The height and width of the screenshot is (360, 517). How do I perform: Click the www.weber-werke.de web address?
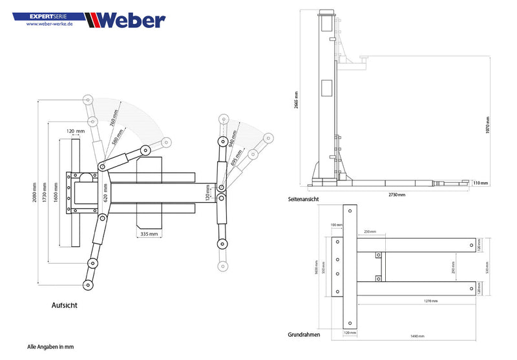(49, 24)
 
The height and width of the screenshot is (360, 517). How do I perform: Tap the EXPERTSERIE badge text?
(54, 13)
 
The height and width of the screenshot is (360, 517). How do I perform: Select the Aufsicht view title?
(66, 304)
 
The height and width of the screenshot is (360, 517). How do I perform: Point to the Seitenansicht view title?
(303, 199)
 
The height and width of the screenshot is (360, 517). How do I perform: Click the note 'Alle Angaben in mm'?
(50, 347)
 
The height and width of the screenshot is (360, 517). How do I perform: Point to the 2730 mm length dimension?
(397, 195)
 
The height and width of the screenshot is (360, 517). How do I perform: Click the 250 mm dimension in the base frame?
(369, 231)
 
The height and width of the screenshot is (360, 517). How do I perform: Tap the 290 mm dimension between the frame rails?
(454, 264)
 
